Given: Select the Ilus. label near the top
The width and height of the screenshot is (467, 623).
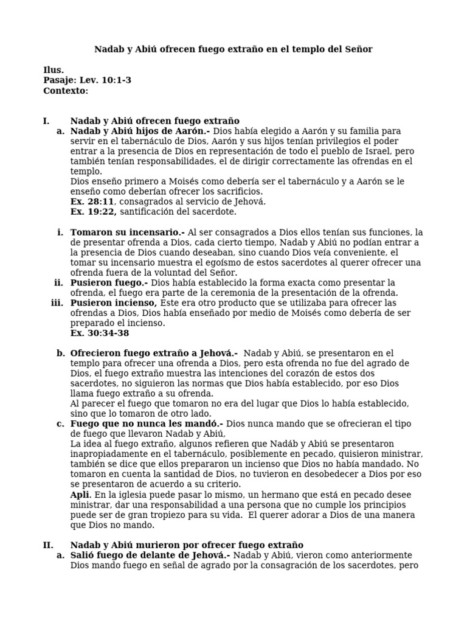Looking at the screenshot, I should click(x=54, y=70).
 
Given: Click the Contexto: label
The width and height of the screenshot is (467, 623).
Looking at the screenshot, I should click(x=66, y=91).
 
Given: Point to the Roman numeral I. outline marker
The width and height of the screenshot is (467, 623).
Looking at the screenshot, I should click(x=46, y=121).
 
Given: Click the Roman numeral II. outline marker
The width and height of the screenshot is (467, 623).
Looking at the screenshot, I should click(x=48, y=545).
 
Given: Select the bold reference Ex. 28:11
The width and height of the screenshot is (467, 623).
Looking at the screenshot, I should click(x=92, y=201).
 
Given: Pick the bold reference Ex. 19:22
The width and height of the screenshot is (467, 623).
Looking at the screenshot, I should click(x=92, y=212).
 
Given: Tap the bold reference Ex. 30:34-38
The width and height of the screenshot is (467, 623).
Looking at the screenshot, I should click(x=100, y=333).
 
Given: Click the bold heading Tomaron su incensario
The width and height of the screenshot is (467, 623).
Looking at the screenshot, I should click(x=127, y=232).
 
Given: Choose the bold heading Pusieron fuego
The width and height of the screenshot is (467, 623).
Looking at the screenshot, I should click(x=109, y=283).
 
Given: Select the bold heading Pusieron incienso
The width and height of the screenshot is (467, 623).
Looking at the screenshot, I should click(x=113, y=303).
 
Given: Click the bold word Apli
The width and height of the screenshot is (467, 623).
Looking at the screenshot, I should click(x=80, y=495).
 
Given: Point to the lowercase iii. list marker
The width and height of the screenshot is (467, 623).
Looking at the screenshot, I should click(x=57, y=303).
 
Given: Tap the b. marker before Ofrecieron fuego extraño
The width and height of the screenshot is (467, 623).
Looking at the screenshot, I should click(x=60, y=353).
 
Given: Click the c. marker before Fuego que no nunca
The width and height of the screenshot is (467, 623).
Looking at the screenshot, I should click(x=60, y=423).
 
